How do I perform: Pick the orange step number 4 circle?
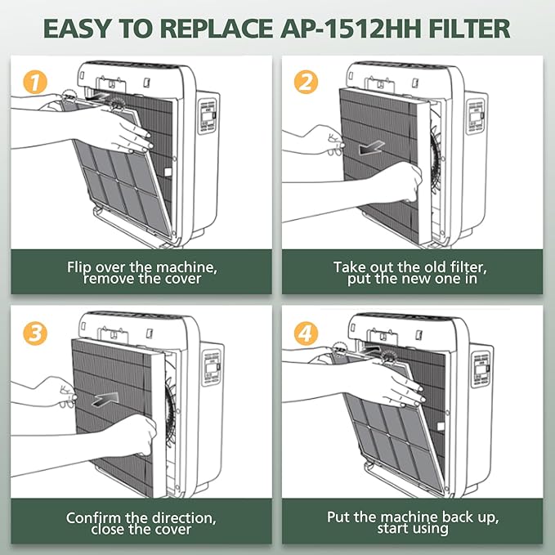(306, 333)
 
